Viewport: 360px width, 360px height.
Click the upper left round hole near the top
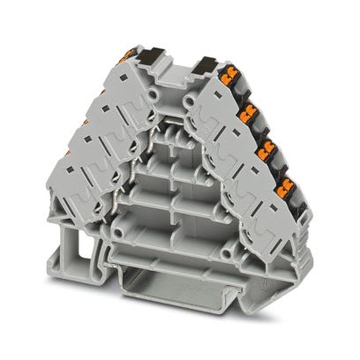click(155, 93)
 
